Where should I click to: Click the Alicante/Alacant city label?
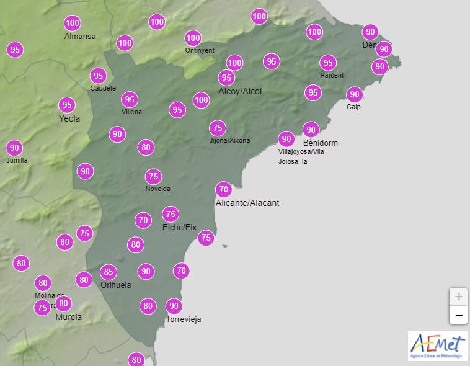[247, 203]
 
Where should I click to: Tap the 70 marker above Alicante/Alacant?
[223, 189]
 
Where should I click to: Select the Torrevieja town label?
[184, 319]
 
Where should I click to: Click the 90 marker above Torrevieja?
[174, 306]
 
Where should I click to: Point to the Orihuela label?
[116, 285]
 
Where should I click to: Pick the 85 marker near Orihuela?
[109, 272]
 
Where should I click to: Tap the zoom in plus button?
[458, 297]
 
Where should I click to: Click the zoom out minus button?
[458, 315]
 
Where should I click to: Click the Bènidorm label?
[320, 143]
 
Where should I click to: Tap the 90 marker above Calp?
[354, 94]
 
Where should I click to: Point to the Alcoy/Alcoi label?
[240, 91]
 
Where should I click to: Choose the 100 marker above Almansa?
[73, 24]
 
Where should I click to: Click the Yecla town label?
[69, 118]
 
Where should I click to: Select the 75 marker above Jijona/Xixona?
[217, 128]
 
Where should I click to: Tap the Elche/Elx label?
[179, 228]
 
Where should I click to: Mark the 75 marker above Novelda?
[153, 176]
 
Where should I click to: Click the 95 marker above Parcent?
[328, 63]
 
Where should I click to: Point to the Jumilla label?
[17, 160]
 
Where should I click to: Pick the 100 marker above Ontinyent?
[193, 38]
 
